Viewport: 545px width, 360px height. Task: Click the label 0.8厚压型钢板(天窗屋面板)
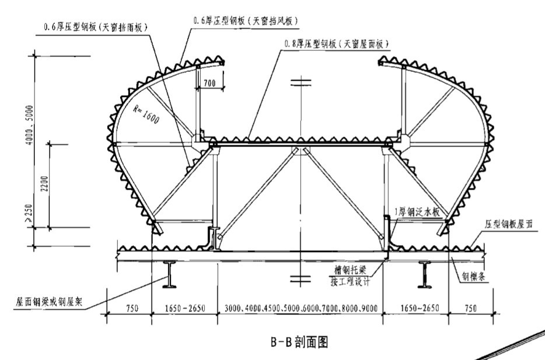pyautogui.click(x=336, y=44)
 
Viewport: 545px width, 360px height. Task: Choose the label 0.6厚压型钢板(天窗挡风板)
pyautogui.click(x=245, y=20)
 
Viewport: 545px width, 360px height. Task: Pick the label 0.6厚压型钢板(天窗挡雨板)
pyautogui.click(x=96, y=27)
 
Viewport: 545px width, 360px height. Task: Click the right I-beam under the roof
pyautogui.click(x=425, y=273)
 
